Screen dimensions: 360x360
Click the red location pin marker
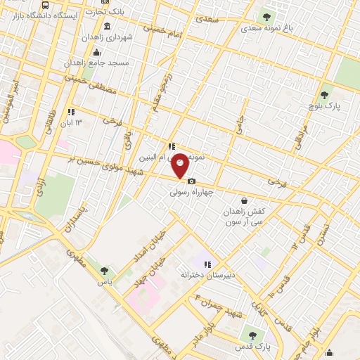click(181, 165)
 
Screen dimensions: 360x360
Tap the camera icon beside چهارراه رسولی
click(191, 181)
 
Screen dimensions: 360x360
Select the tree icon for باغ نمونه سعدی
click(266, 15)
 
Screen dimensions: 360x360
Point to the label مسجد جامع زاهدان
click(96, 63)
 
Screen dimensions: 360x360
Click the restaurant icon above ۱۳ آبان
click(70, 112)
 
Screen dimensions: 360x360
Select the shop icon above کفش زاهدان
click(243, 181)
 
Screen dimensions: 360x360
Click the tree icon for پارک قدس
click(252, 335)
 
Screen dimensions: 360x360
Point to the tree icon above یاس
click(104, 271)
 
